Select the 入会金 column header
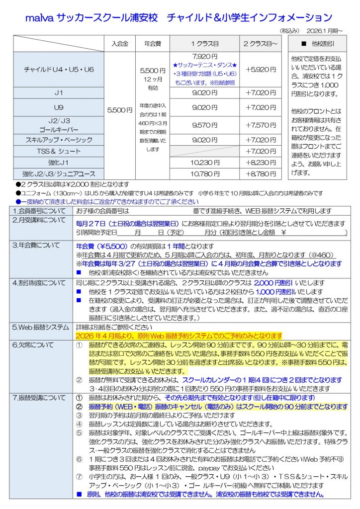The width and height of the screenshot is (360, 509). pos(120,43)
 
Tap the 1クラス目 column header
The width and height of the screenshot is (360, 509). pos(204,43)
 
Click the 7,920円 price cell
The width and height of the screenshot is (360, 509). pos(204,56)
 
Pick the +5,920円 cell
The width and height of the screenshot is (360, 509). pos(260,70)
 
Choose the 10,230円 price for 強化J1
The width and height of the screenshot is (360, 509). pos(204,162)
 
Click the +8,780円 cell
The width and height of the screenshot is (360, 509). pos(260,174)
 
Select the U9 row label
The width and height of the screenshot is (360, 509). pos(59,107)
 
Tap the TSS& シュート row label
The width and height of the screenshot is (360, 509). pos(59,151)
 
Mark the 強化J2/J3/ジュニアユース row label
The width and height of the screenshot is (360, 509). pos(59,174)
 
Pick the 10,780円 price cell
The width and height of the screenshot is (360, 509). pos(204,174)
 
